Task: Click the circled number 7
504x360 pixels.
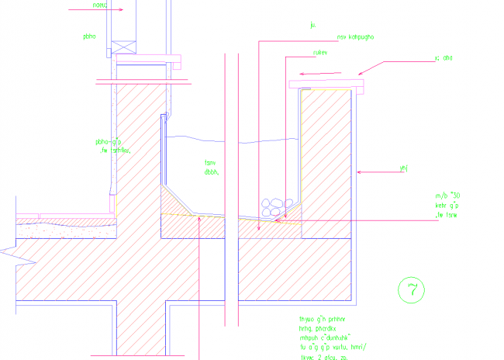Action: pos(411,289)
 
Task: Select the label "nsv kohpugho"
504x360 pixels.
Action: pos(356,36)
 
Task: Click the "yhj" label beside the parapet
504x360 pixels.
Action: pos(402,168)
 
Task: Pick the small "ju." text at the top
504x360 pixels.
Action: pos(313,25)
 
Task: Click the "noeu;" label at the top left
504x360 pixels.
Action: pos(99,4)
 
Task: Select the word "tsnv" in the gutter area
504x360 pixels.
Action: pos(209,163)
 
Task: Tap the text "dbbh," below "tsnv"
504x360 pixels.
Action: pos(211,172)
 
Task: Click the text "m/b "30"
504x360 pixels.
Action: pos(447,196)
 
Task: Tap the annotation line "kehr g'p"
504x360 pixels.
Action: pos(447,206)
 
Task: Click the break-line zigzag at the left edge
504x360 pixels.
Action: pos(6,250)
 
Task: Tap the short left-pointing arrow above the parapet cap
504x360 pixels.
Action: pos(317,74)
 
